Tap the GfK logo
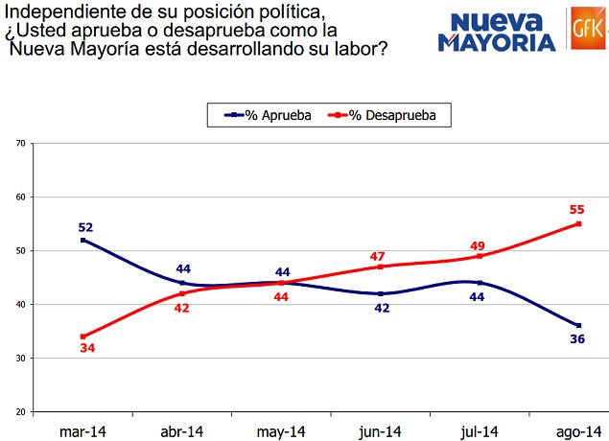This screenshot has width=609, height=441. pos(584,29)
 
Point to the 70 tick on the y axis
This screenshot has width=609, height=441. pos(20,144)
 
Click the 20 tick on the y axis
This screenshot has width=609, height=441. pos(20,412)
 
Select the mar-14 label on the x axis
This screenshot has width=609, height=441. pos(82,430)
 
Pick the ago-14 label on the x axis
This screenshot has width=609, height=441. pos(578,430)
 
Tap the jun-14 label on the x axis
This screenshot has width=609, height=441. pos(380,430)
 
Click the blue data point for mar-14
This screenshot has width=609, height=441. pos(83,240)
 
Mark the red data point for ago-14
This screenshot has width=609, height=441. pos(578,223)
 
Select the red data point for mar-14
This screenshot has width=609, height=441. pos(83,337)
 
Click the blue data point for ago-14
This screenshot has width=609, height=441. pos(578,326)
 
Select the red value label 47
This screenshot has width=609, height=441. pos(380,258)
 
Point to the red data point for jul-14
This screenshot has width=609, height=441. pos(480,256)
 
